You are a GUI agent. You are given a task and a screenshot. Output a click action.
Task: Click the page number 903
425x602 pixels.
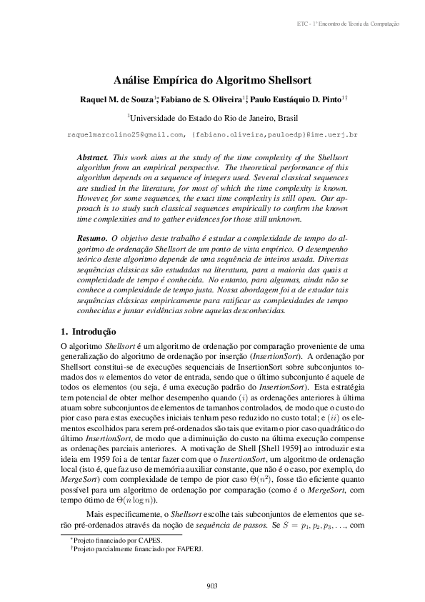(211, 586)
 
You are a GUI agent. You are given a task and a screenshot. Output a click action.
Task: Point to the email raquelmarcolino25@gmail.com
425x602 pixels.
(126, 134)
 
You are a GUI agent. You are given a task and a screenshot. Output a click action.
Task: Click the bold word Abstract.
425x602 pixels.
(91, 156)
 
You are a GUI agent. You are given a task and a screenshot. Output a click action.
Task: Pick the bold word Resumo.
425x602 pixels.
(91, 236)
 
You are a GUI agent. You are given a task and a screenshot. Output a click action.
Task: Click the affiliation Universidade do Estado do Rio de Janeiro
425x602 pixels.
(204, 117)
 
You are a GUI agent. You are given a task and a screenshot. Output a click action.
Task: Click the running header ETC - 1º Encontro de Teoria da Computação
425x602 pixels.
(348, 24)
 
